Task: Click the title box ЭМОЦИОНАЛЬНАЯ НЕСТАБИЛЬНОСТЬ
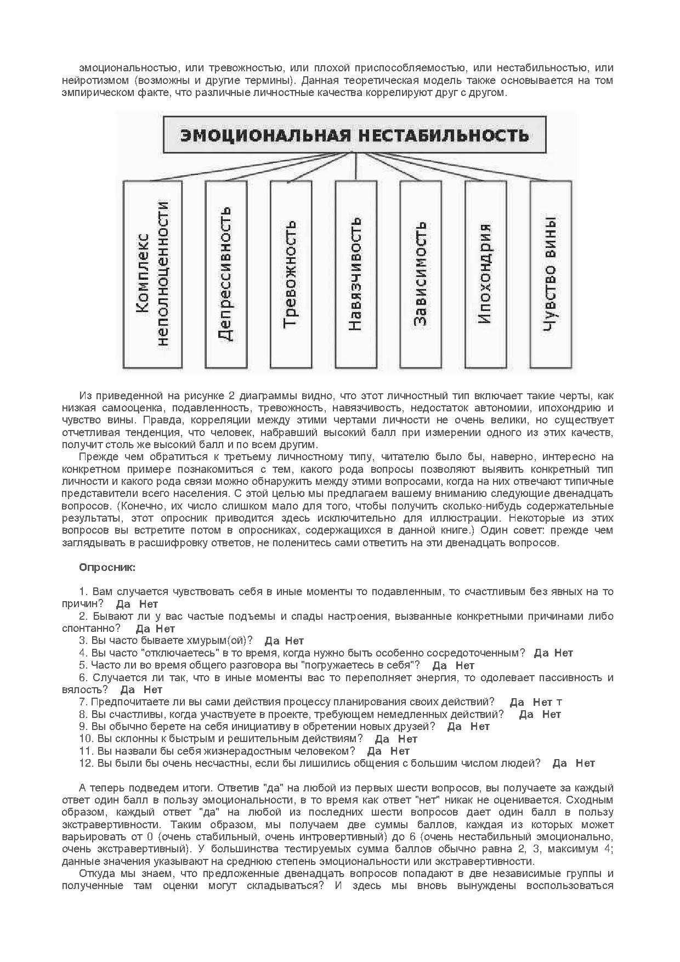click(x=355, y=135)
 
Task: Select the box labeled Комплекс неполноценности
click(x=152, y=274)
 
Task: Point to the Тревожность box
click(x=291, y=274)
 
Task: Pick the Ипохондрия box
click(x=485, y=274)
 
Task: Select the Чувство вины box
click(x=551, y=274)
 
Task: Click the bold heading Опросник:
click(x=107, y=567)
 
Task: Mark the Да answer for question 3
click(x=272, y=641)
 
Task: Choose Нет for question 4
click(x=563, y=653)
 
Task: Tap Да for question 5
click(x=440, y=665)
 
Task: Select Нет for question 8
click(x=551, y=714)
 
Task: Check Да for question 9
click(x=455, y=726)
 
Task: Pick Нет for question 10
click(x=407, y=739)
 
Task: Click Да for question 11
click(x=375, y=751)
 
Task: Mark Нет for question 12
click(x=585, y=763)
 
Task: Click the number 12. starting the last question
click(x=87, y=763)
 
